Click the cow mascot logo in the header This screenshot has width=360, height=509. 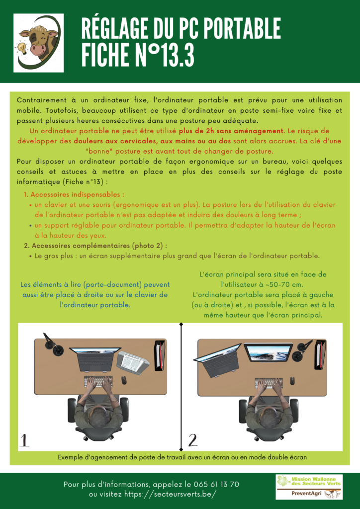38,43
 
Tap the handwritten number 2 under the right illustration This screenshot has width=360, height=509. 192,440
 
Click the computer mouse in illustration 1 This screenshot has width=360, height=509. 124,380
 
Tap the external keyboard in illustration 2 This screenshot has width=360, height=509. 269,383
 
